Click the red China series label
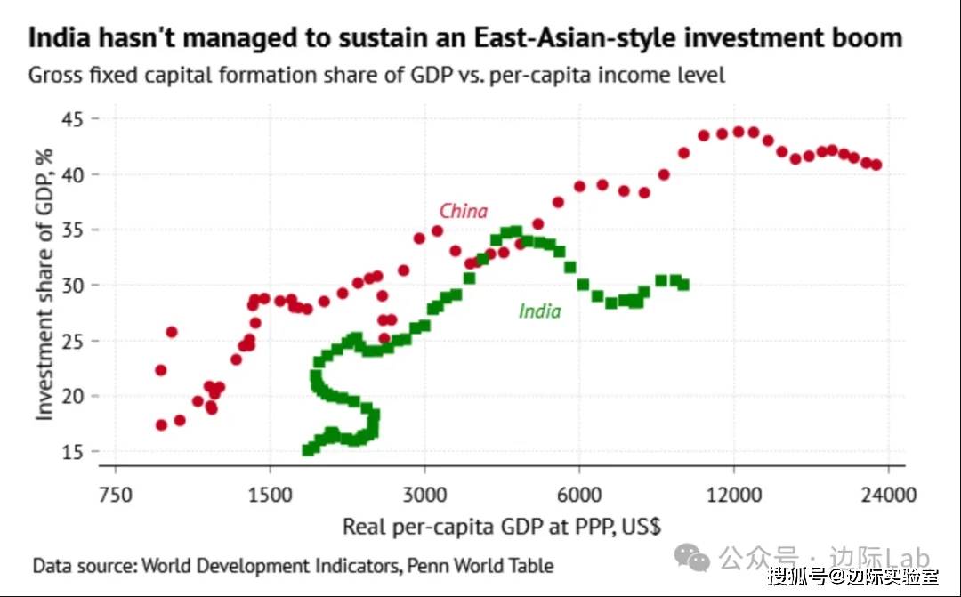click(x=464, y=212)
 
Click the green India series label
click(x=539, y=311)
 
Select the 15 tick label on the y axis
click(x=72, y=452)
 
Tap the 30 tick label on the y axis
click(x=72, y=286)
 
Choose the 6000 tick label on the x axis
click(x=579, y=495)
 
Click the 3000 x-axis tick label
click(x=425, y=495)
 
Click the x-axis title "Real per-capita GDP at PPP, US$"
click(x=501, y=527)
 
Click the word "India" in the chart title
click(x=59, y=38)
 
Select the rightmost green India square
click(x=683, y=285)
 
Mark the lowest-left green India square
click(x=309, y=450)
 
